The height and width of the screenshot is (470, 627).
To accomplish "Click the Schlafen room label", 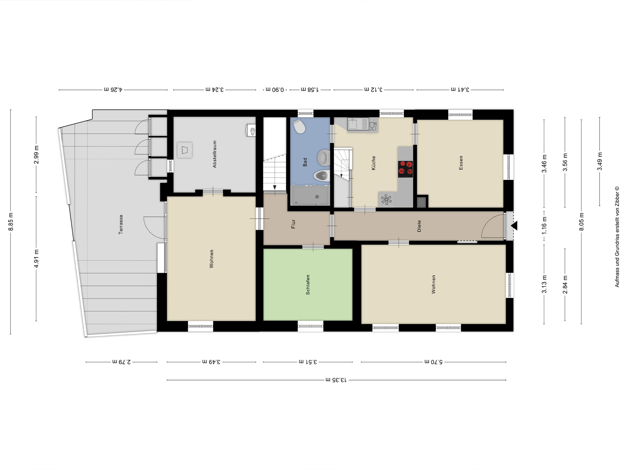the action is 308,285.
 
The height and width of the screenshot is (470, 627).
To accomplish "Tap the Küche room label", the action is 373,163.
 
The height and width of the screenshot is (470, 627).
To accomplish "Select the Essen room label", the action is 461,163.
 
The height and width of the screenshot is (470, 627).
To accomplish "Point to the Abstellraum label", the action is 215,154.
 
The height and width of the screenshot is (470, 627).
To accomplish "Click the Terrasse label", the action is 121,224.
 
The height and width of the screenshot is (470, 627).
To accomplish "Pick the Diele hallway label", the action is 419,226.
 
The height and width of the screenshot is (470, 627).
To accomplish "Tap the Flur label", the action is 293,224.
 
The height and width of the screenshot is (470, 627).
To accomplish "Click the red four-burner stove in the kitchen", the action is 405,169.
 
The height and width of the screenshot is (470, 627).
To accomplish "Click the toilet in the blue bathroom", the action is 299,126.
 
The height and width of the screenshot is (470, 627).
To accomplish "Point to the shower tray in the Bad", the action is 310,196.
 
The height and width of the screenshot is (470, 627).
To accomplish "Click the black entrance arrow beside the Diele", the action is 514,226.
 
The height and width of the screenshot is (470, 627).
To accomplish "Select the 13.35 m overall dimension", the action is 336,380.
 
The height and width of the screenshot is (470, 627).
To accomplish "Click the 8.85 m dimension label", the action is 11,222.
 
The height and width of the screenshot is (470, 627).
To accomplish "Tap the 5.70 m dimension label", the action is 434,362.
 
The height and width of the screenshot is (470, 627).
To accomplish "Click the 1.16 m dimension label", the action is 544,226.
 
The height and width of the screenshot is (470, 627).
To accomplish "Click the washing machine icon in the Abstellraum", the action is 185,150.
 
